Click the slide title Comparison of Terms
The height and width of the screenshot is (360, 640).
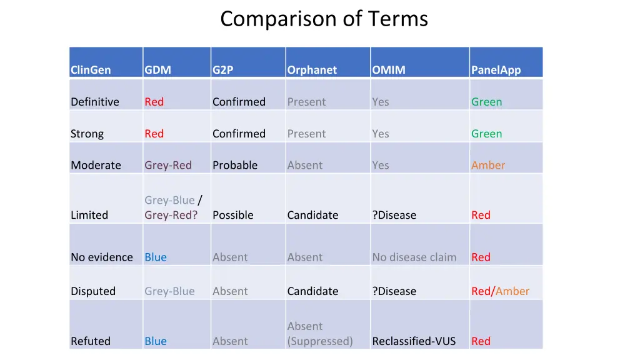(324, 19)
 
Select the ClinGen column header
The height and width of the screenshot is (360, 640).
(91, 70)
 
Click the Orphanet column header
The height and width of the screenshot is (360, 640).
(312, 70)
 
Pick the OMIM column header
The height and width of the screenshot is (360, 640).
(388, 70)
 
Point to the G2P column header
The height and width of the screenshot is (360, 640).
(222, 70)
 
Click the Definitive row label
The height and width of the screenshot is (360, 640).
(94, 102)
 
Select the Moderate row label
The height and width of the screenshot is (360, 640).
(96, 165)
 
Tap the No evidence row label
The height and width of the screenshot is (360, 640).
(102, 257)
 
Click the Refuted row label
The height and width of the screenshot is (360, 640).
(91, 341)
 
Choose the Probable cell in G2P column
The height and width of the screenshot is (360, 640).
(235, 165)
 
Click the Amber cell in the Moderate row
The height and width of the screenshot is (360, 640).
(488, 165)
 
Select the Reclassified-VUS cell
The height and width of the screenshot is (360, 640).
(414, 341)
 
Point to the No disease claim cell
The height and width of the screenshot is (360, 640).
(414, 257)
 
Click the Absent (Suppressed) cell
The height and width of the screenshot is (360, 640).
(320, 334)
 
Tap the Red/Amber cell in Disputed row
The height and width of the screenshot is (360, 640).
(500, 291)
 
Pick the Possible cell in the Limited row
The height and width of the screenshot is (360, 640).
(232, 215)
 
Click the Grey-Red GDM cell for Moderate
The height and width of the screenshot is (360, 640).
(168, 165)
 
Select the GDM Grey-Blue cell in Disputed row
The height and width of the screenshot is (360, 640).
(169, 291)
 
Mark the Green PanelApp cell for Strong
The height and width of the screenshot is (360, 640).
(486, 134)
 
